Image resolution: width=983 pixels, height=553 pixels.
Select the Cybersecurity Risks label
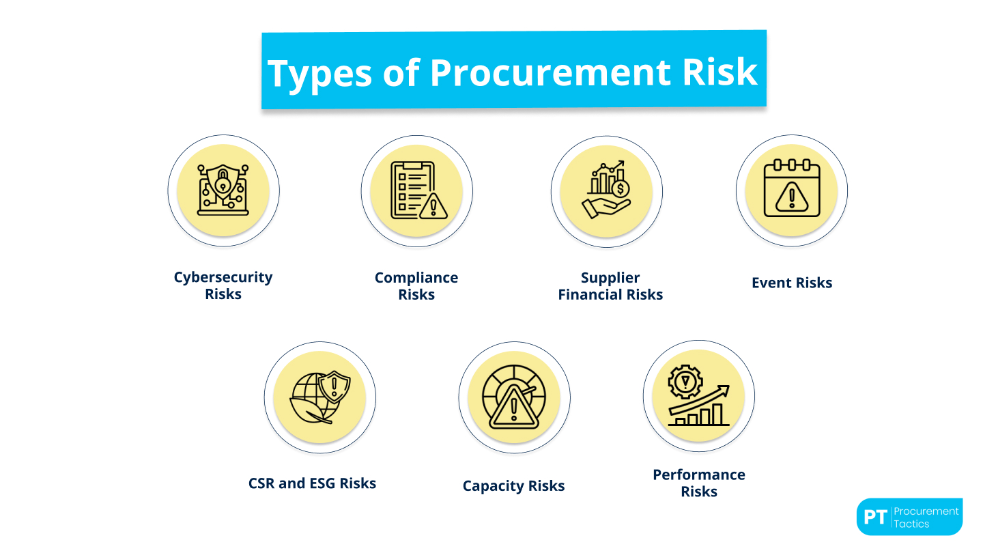tap(223, 285)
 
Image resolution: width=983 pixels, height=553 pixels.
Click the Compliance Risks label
tap(416, 286)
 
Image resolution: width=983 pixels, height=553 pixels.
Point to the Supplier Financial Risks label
tap(610, 286)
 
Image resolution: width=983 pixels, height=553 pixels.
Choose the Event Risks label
tap(792, 283)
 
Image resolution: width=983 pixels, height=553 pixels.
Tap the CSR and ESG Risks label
tap(312, 483)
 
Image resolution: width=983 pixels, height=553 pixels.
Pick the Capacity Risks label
tap(513, 486)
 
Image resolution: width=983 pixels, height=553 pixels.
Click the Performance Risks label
tap(699, 483)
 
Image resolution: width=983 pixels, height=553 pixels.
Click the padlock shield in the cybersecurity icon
tap(223, 182)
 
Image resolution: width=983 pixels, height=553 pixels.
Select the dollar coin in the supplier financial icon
tap(621, 188)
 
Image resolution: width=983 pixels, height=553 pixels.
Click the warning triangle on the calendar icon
tap(792, 198)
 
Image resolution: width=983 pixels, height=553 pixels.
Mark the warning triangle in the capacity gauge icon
tap(513, 411)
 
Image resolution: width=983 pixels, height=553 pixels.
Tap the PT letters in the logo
tap(874, 517)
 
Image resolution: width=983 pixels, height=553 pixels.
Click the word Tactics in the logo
tap(911, 524)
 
